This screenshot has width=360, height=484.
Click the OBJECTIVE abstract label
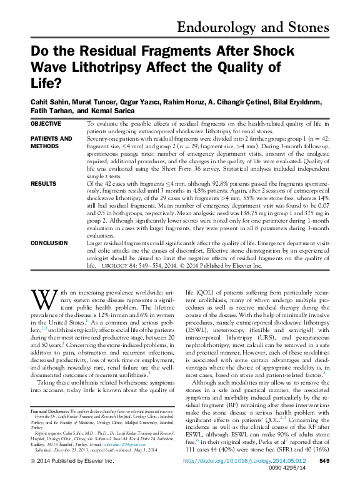click(47, 124)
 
